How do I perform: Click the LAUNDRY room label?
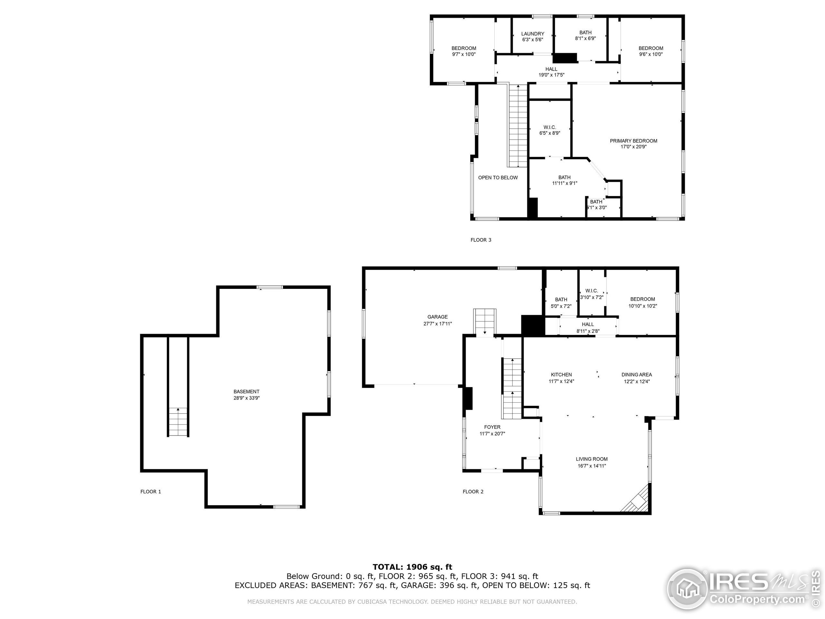click(x=533, y=34)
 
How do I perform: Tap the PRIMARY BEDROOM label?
click(x=633, y=141)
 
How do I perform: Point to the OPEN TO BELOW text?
click(x=498, y=178)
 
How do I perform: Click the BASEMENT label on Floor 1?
click(x=246, y=391)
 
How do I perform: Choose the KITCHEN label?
click(x=561, y=375)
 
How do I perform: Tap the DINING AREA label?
click(x=636, y=375)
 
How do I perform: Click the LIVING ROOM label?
click(x=592, y=459)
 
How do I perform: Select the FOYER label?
click(x=492, y=427)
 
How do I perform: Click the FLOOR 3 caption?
click(x=481, y=240)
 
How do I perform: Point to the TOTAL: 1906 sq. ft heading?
click(x=412, y=567)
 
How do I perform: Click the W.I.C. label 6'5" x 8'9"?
click(x=549, y=128)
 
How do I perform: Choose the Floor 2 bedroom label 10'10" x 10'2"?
click(x=642, y=299)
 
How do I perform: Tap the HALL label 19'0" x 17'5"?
click(x=551, y=69)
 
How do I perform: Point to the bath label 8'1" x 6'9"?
click(x=585, y=33)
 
